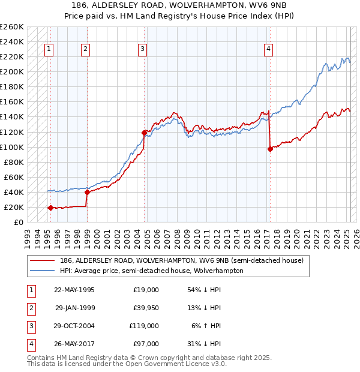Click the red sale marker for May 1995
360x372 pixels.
coord(50,208)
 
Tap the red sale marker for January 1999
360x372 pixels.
coord(87,192)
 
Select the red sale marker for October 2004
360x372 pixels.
coord(145,132)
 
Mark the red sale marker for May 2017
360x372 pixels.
coord(269,149)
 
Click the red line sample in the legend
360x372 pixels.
coord(42,260)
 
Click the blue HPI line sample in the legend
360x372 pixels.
coord(42,271)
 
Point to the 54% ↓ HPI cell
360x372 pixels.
coord(205,290)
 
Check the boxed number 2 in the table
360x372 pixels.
coord(30,308)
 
